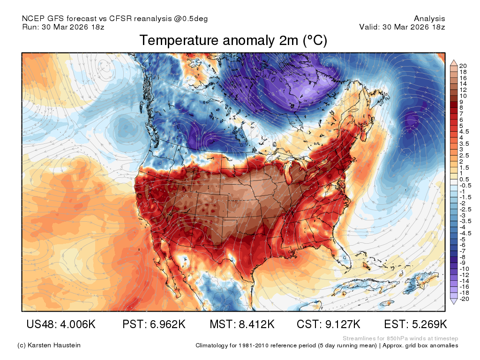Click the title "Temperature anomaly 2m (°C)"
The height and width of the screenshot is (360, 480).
click(x=233, y=40)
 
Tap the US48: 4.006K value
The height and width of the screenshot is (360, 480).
click(x=61, y=324)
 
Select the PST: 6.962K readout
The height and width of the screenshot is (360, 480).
click(x=154, y=324)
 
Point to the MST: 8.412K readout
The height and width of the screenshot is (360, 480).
click(x=242, y=324)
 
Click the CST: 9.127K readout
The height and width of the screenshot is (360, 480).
click(x=329, y=324)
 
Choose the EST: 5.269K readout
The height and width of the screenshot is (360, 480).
click(x=415, y=324)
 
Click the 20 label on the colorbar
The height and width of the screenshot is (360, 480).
click(x=463, y=66)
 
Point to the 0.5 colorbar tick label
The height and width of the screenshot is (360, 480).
click(x=465, y=180)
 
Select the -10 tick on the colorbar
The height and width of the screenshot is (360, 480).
click(x=465, y=269)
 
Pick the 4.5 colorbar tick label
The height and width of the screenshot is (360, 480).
click(x=465, y=132)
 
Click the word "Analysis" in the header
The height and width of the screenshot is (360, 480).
click(x=429, y=19)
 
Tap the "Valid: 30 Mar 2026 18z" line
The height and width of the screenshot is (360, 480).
click(x=402, y=27)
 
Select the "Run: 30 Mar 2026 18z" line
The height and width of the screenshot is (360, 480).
click(x=63, y=27)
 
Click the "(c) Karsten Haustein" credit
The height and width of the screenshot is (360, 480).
click(x=49, y=345)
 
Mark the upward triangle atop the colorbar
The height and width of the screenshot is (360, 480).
click(x=454, y=63)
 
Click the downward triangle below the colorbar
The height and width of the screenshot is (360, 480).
click(x=454, y=302)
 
